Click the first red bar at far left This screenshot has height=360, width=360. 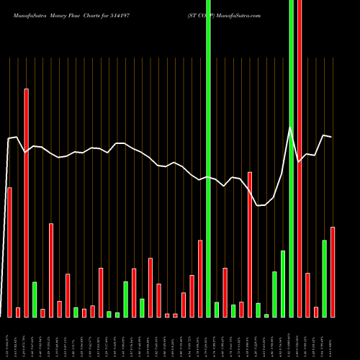(9, 252)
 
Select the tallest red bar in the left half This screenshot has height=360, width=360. (26, 202)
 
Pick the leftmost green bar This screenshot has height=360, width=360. (35, 299)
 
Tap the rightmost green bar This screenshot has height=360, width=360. (324, 278)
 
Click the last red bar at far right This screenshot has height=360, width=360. (333, 271)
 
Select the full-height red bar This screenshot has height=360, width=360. (300, 158)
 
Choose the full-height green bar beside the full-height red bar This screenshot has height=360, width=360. (291, 158)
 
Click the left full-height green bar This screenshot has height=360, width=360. (208, 158)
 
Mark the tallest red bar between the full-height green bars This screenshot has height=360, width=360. (250, 244)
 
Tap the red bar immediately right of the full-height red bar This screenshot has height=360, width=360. (307, 294)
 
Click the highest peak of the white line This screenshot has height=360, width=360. (291, 127)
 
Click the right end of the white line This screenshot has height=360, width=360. (331, 136)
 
